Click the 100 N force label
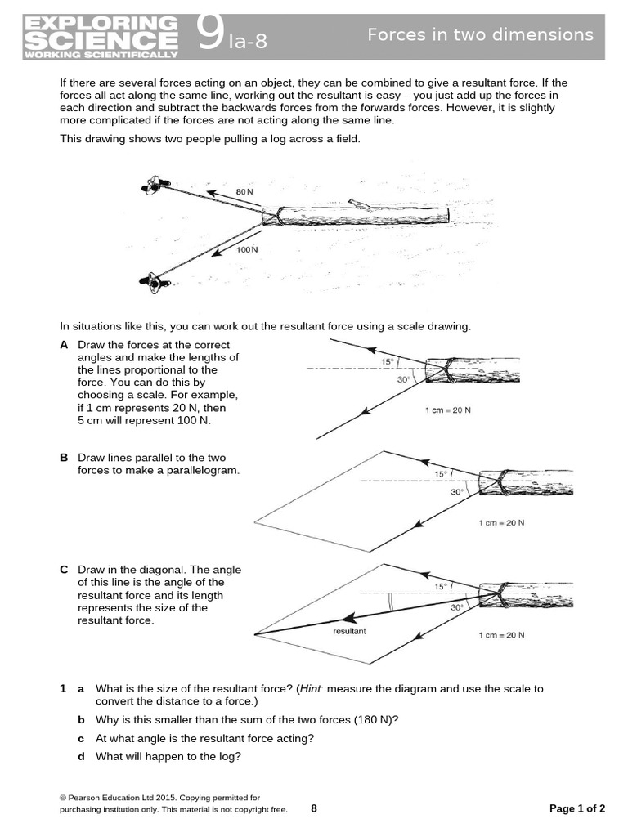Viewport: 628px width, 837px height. click(247, 248)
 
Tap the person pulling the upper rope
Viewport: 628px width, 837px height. click(154, 186)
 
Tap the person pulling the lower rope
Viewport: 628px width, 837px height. click(154, 283)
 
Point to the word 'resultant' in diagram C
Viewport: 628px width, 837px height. click(349, 632)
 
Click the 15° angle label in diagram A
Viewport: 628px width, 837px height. click(388, 361)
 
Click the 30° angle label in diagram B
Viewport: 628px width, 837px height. click(456, 493)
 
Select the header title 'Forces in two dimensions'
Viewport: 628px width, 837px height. click(480, 34)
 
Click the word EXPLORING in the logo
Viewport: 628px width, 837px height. click(100, 22)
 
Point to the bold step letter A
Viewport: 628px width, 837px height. click(64, 345)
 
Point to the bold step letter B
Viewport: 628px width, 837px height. click(64, 458)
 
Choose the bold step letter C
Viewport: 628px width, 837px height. click(64, 570)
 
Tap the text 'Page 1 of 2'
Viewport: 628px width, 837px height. click(577, 809)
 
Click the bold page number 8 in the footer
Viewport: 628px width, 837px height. click(314, 809)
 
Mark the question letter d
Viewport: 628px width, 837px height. click(81, 756)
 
